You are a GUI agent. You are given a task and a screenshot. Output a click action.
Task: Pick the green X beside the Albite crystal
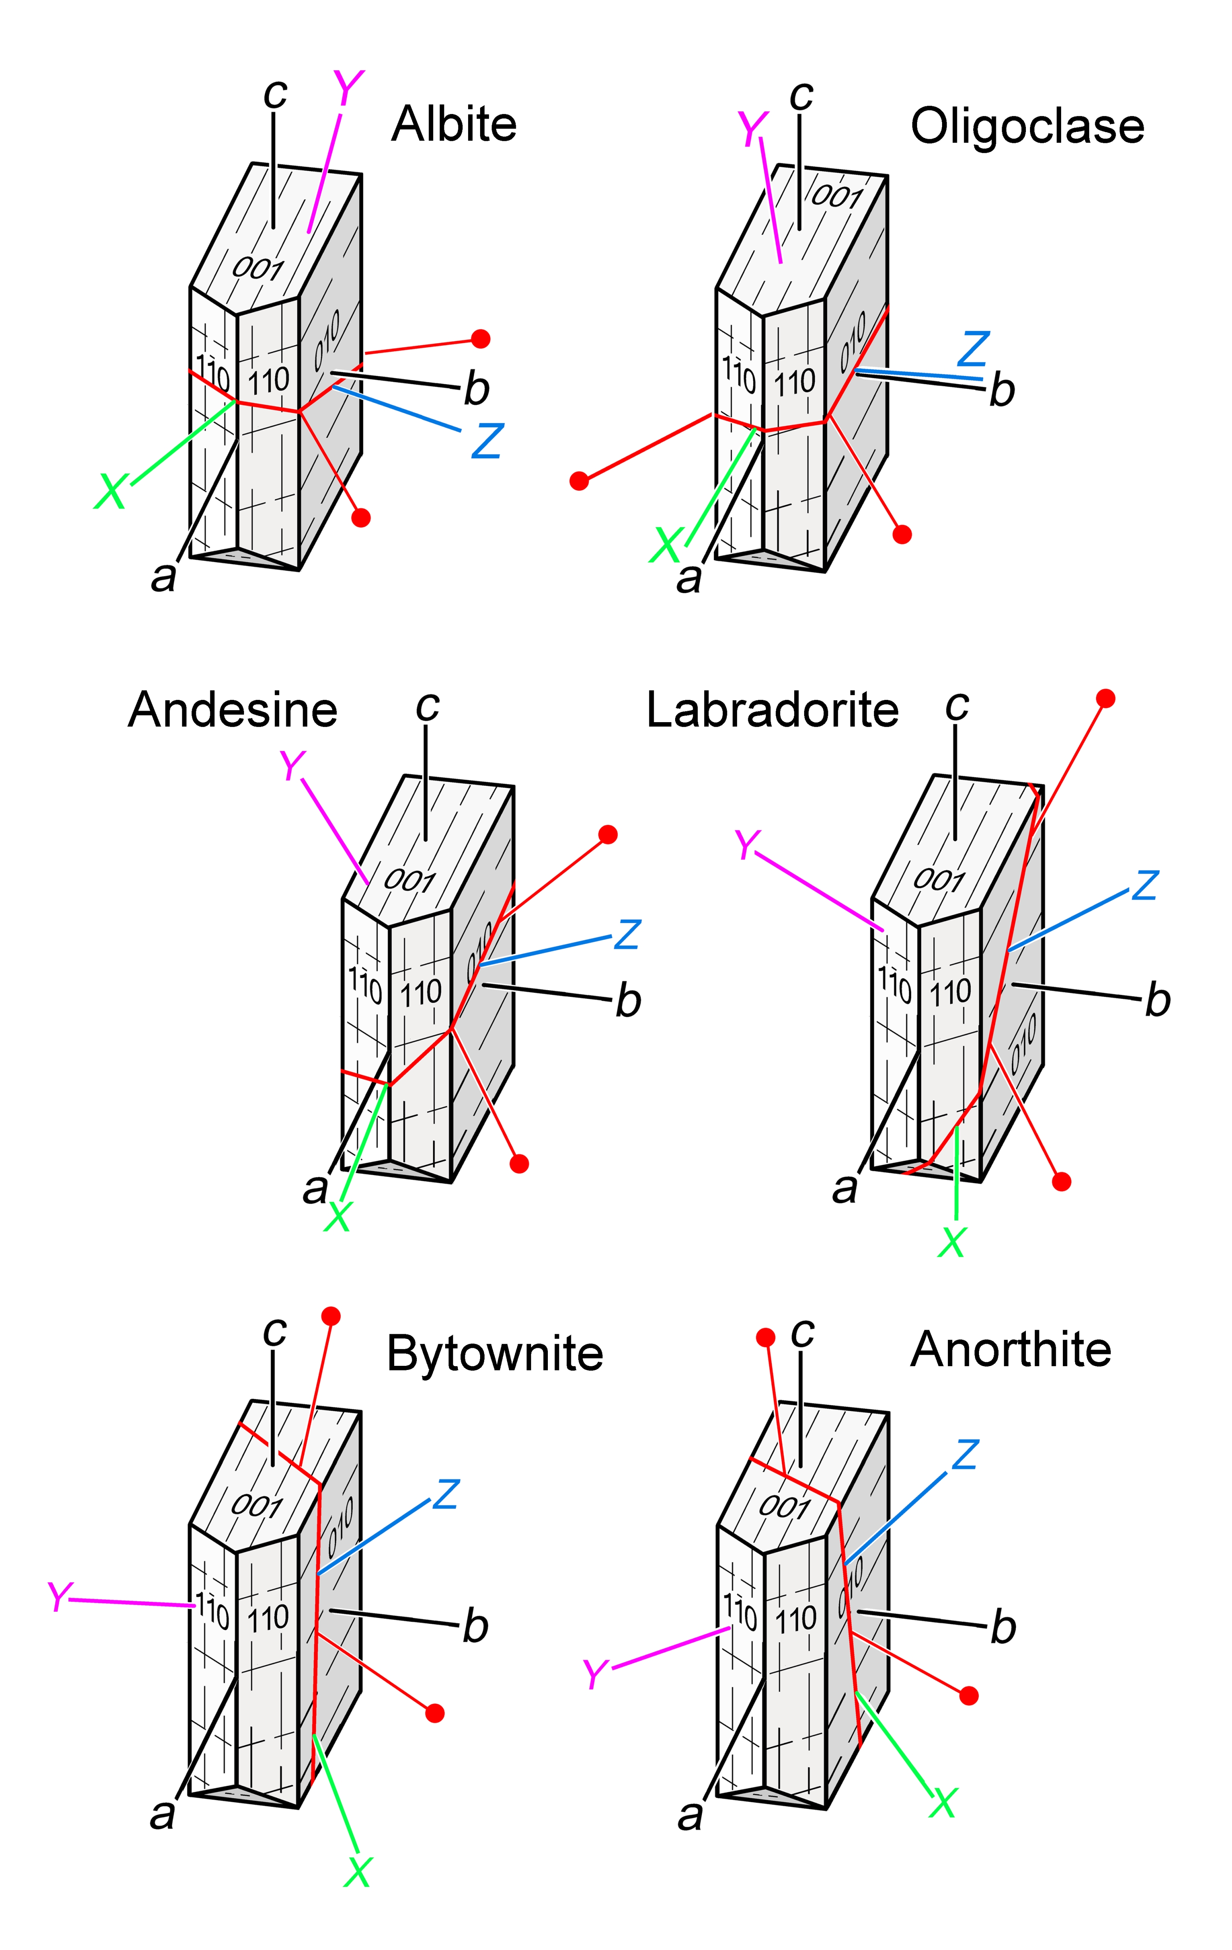point(111,491)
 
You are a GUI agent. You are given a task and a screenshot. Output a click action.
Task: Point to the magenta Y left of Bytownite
point(59,1597)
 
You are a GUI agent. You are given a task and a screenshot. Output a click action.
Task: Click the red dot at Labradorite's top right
point(1105,698)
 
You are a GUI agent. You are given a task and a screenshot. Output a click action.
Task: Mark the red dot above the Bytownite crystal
point(331,1316)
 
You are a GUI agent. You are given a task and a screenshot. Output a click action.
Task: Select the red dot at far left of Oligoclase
point(579,481)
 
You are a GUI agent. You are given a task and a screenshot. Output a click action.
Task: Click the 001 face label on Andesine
point(409,879)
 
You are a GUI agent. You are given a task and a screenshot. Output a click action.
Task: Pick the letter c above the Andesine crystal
point(427,706)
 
